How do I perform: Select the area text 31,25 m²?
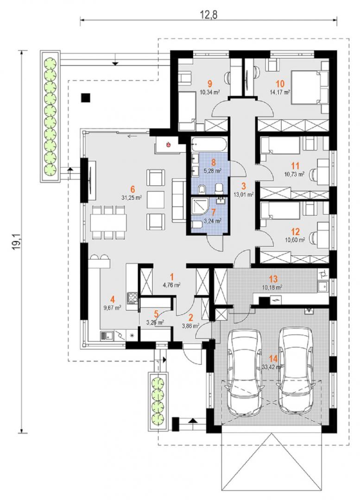click(132, 198)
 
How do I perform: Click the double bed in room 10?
click(310, 87)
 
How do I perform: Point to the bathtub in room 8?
click(209, 145)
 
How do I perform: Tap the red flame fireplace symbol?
click(168, 144)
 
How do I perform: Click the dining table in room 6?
click(108, 222)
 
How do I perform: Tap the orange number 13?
click(273, 279)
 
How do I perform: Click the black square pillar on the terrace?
click(86, 98)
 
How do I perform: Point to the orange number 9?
click(210, 84)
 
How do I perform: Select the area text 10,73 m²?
click(294, 174)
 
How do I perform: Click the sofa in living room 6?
click(179, 200)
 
